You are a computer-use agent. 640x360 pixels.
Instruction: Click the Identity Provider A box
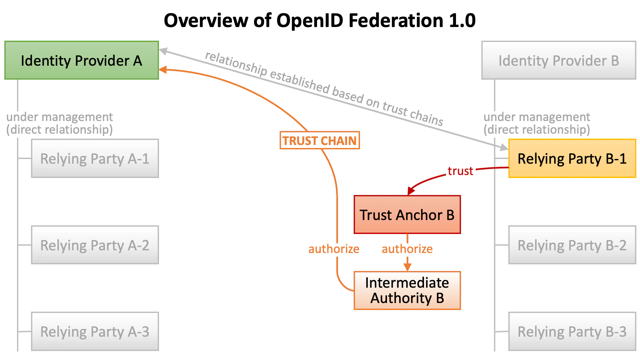tap(81, 60)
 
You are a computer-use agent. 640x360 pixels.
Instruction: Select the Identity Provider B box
tap(559, 60)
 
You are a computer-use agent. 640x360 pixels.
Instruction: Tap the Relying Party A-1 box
tap(95, 158)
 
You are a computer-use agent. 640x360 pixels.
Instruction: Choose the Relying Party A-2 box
tap(95, 245)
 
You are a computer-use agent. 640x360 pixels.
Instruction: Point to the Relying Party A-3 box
tap(95, 331)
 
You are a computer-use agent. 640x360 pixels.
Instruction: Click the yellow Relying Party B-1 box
tap(572, 158)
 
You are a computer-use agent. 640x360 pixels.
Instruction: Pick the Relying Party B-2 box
tap(572, 245)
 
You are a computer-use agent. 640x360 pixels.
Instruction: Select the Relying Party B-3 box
tap(572, 331)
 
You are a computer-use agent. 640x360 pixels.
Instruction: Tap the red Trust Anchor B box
tap(407, 215)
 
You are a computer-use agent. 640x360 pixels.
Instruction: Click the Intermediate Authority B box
tap(407, 290)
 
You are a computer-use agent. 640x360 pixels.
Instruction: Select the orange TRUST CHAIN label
tap(320, 140)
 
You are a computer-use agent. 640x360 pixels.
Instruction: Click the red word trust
tap(460, 171)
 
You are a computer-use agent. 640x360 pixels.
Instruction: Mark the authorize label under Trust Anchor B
tap(407, 249)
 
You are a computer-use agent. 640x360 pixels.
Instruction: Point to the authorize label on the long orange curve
tap(334, 249)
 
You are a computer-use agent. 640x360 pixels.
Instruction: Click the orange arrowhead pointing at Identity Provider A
tap(163, 70)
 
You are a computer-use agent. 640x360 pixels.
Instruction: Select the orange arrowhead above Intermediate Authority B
tap(407, 267)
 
